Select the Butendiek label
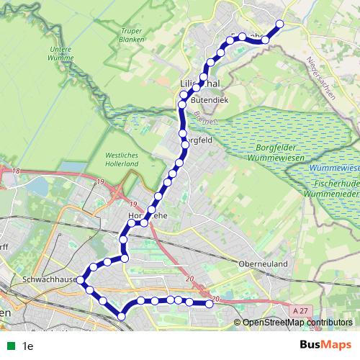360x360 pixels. tap(209, 100)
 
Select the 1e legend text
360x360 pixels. tap(28, 346)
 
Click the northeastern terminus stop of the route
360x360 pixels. tap(279, 24)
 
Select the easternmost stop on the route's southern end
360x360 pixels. tap(210, 304)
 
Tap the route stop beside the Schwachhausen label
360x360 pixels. tap(82, 279)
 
